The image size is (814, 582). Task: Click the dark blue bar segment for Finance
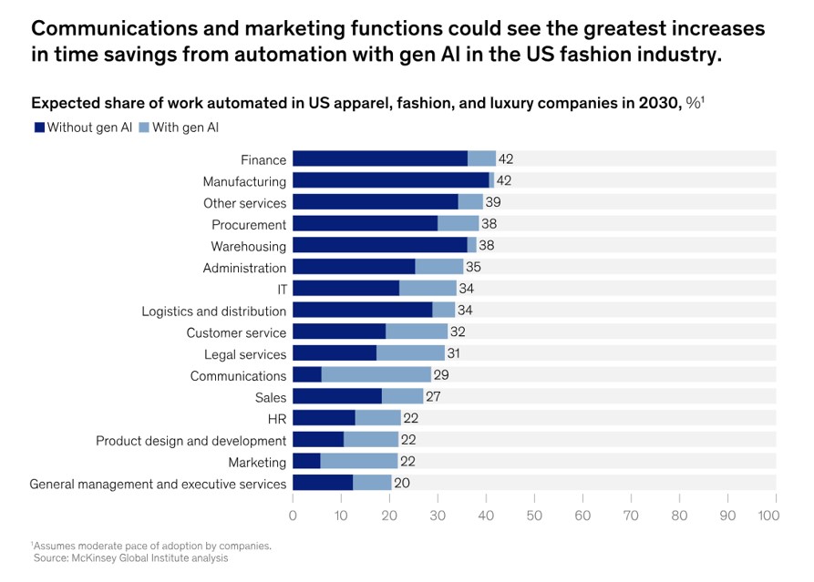(x=380, y=158)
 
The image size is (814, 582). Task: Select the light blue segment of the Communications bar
(x=376, y=375)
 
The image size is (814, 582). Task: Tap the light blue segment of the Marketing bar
(x=359, y=462)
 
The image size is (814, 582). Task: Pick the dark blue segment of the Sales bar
(x=337, y=397)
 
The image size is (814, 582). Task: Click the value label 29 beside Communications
(x=441, y=375)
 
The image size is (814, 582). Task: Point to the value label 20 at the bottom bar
(x=402, y=484)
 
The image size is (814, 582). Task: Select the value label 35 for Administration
(x=473, y=267)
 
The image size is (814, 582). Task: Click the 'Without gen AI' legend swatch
(x=39, y=128)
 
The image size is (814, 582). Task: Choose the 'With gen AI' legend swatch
(x=144, y=128)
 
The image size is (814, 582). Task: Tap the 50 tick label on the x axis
(x=534, y=516)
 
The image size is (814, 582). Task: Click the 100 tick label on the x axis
(x=768, y=516)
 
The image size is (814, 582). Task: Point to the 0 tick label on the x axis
(x=293, y=516)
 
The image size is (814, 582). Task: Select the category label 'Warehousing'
(x=248, y=246)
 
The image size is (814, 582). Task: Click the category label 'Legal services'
(x=245, y=354)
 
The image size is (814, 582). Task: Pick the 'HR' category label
(x=277, y=419)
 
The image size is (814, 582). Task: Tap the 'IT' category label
(x=281, y=289)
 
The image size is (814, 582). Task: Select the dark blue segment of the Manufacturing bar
(x=391, y=180)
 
